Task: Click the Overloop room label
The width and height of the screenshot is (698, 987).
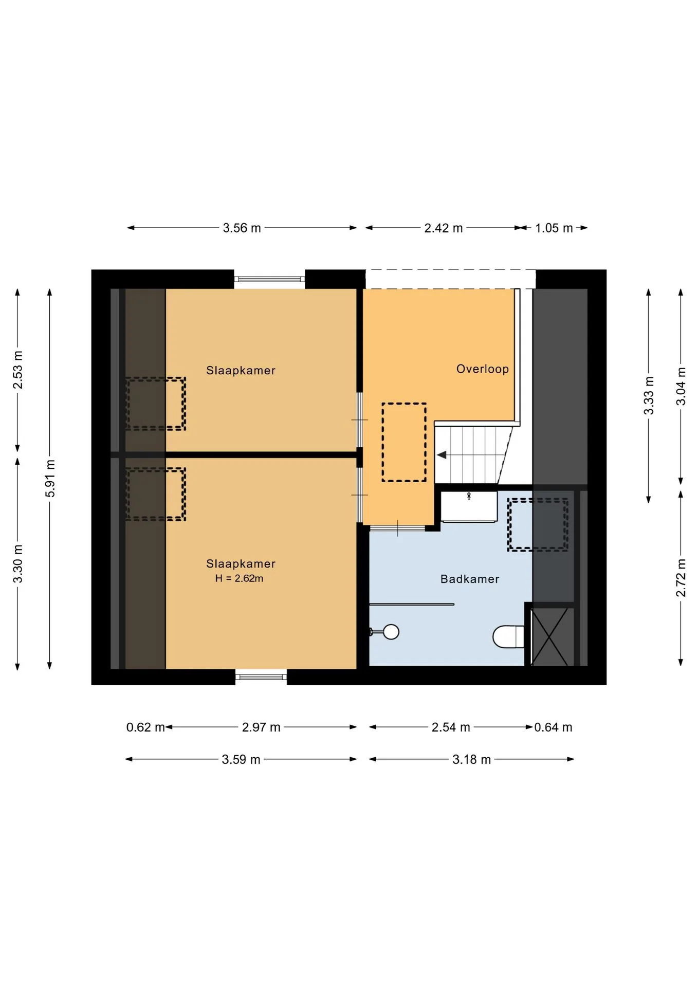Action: coord(482,369)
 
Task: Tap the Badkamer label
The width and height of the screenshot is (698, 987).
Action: coord(470,579)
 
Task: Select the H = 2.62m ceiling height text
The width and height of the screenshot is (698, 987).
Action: coord(239,578)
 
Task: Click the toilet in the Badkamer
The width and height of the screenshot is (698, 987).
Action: coord(508,637)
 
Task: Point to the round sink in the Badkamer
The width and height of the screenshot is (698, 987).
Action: coord(391,632)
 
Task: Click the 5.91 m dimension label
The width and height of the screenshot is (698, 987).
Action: coord(50,479)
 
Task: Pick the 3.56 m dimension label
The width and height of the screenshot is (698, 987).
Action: coord(242,228)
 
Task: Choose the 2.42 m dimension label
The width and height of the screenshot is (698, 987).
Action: coord(443,228)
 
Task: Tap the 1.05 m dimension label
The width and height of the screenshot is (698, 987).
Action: coord(554,228)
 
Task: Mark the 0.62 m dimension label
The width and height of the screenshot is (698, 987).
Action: coord(145,727)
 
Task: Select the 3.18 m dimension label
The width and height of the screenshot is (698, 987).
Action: coord(471,759)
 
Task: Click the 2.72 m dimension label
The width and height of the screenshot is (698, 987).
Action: coord(681,578)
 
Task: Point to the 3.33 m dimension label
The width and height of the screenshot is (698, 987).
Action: coord(649,395)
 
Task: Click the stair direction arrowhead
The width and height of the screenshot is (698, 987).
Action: coord(441,455)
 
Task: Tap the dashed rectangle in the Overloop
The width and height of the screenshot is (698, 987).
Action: coord(404,442)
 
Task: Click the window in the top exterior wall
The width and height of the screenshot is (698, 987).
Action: coord(269,279)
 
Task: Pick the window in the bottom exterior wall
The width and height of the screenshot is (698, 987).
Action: coord(261,677)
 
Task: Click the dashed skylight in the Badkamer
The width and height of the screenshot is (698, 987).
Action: coord(538,525)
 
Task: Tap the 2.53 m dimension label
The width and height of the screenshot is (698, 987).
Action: coord(18,370)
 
